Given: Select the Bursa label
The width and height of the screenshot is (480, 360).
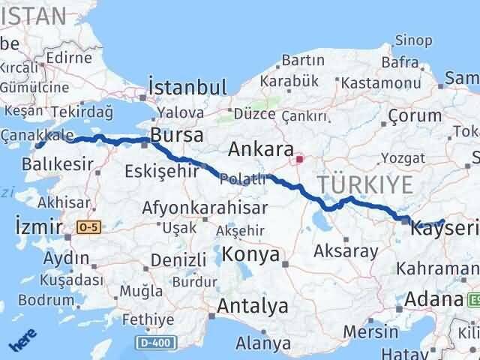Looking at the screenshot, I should click(x=177, y=136).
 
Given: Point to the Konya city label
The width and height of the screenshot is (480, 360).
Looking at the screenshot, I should click(x=251, y=255).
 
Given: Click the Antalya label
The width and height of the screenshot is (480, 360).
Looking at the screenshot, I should click(x=252, y=306).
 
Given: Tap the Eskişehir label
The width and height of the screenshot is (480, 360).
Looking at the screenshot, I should click(x=161, y=169).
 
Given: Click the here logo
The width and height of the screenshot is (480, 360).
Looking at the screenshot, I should click(x=23, y=342).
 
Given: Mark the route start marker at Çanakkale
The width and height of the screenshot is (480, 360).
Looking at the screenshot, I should click(x=39, y=144).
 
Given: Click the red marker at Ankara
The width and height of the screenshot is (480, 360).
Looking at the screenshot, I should click(x=299, y=159).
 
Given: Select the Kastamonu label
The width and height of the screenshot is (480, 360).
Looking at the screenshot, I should click(x=367, y=83).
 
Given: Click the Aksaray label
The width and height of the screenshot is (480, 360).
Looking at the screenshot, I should click(x=346, y=251).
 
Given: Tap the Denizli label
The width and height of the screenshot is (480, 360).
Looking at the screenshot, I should click(x=178, y=260).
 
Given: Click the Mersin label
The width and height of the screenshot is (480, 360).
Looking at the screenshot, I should click(x=371, y=331).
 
